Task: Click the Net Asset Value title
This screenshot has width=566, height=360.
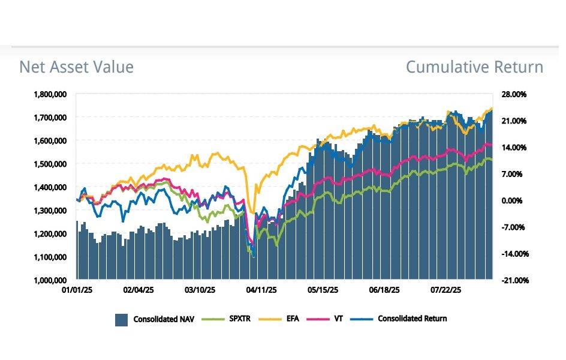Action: (76, 67)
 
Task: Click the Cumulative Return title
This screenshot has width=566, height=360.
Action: (474, 67)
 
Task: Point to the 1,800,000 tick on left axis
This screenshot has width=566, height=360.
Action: (50, 94)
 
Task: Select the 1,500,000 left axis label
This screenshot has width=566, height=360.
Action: (50, 164)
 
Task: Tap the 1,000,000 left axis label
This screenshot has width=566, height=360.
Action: (50, 280)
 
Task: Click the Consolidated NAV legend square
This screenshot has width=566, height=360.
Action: (121, 320)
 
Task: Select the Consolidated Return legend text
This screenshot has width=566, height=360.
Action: (412, 319)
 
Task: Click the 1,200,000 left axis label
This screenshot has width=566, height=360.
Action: (50, 233)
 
